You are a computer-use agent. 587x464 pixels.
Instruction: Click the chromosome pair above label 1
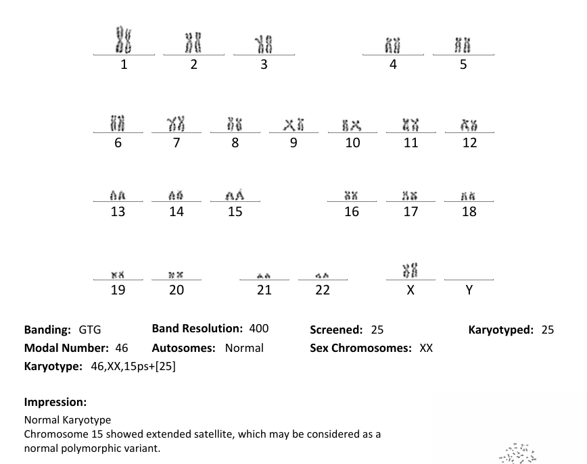tap(123, 40)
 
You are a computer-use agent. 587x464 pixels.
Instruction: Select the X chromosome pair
tap(410, 270)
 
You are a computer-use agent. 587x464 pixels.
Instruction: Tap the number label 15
tap(235, 212)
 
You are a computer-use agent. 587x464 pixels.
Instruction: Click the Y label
tap(469, 290)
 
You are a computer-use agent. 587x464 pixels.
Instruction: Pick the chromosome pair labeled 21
tap(264, 275)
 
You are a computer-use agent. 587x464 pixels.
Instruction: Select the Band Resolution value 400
tap(258, 329)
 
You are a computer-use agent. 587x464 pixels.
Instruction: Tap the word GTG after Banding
tap(90, 330)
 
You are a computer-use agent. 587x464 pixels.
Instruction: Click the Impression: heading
tap(55, 402)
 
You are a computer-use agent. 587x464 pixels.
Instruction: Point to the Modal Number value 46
tap(122, 349)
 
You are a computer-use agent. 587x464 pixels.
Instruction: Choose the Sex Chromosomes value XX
tap(426, 349)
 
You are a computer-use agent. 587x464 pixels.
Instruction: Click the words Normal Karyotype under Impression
tap(68, 420)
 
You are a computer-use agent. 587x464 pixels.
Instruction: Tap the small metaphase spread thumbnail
tap(517, 453)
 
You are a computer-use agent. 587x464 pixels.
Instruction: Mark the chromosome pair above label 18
tap(469, 196)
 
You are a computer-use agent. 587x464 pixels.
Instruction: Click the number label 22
tap(323, 290)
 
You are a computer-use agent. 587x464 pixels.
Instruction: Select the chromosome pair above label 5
tap(463, 46)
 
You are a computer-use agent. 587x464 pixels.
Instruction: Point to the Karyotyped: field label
tap(500, 330)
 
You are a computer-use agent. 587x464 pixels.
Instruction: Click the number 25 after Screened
tap(377, 330)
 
